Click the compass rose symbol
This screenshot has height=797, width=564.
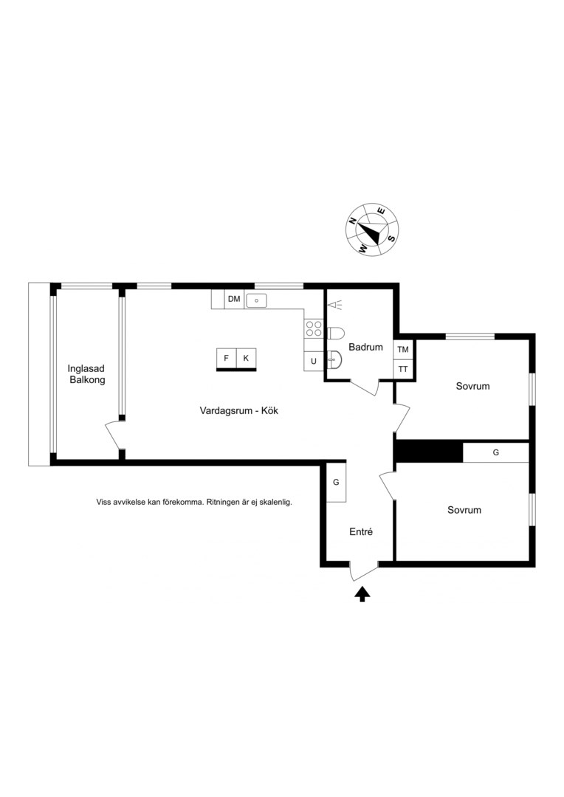click(372, 230)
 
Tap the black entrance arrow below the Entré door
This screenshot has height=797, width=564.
click(362, 594)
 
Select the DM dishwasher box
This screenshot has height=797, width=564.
click(234, 299)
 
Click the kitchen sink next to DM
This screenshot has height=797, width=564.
click(257, 300)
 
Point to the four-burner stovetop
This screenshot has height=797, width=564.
click(314, 328)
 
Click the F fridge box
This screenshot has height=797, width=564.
click(227, 359)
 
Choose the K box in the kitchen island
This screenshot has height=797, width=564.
click(246, 359)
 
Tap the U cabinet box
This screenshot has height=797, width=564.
click(314, 361)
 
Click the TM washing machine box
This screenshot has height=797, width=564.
click(403, 350)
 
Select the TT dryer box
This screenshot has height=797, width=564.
click(403, 369)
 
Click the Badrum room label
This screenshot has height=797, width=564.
click(365, 347)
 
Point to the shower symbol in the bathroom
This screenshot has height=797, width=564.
click(334, 305)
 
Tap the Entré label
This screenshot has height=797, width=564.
click(361, 531)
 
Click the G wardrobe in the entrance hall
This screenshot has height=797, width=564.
click(336, 483)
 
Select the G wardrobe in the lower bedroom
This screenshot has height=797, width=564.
click(496, 452)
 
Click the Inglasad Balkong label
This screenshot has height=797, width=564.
click(87, 374)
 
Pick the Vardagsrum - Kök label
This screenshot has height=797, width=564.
click(239, 411)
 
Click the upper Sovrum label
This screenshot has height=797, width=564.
click(473, 386)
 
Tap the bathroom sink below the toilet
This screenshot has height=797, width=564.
click(335, 360)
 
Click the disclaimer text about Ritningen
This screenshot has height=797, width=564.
click(194, 503)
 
